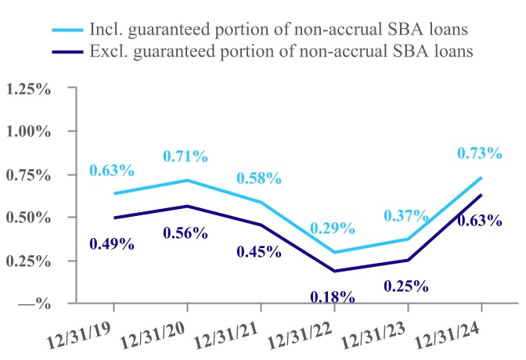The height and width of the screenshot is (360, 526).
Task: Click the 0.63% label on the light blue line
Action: (112, 171)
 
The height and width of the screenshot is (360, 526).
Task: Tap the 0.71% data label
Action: (186, 157)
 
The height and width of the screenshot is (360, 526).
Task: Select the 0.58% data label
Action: (258, 178)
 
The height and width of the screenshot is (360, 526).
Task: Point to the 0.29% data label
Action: (332, 229)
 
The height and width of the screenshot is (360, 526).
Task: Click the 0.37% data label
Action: (405, 215)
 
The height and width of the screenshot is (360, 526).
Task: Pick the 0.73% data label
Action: (480, 153)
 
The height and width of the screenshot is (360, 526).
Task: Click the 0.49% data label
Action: (112, 243)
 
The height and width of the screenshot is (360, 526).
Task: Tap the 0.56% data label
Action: (186, 232)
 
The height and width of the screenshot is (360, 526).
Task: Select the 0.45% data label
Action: (258, 251)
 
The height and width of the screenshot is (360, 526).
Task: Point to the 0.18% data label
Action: (332, 297)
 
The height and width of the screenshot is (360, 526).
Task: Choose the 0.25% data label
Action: (405, 286)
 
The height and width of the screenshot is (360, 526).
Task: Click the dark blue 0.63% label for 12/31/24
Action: (480, 220)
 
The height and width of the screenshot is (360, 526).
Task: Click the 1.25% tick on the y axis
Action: (28, 88)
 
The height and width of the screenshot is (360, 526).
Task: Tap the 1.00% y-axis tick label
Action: (28, 131)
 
